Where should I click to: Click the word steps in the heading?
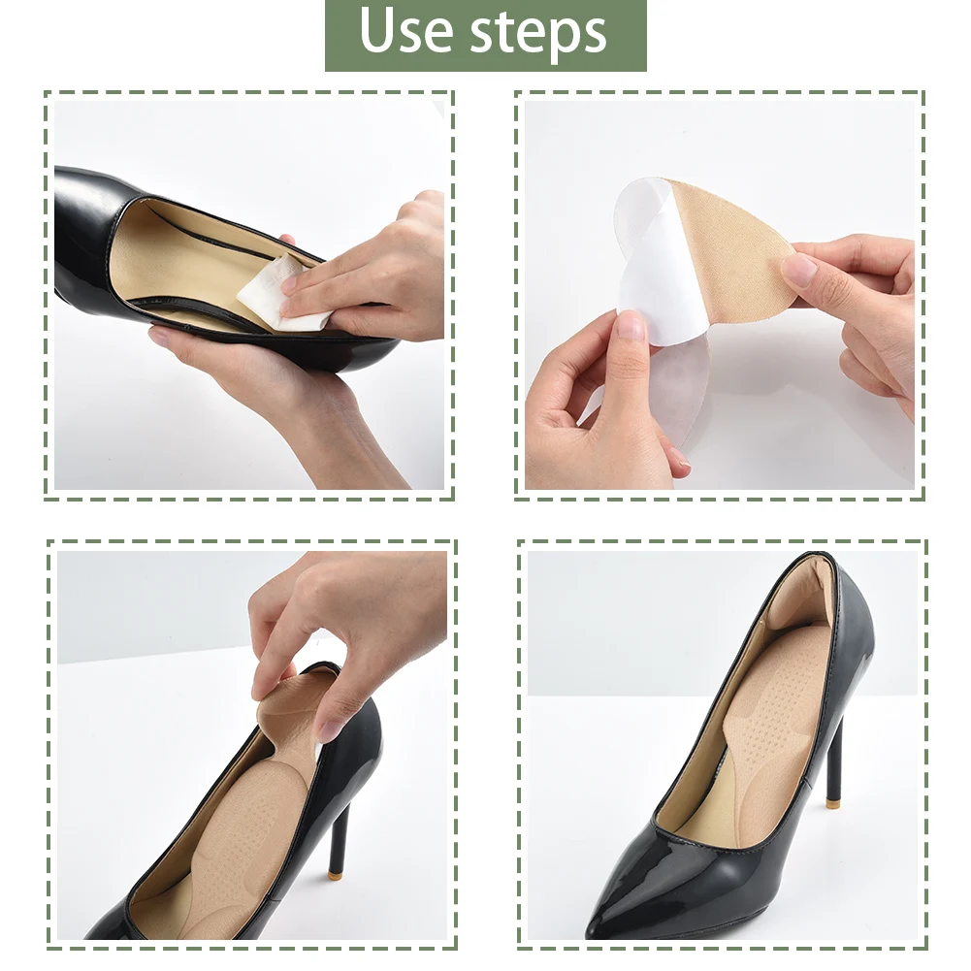(538, 35)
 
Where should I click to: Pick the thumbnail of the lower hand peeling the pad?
(631, 325)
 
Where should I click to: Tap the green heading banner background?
(486, 35)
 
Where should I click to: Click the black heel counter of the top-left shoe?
(86, 229)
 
